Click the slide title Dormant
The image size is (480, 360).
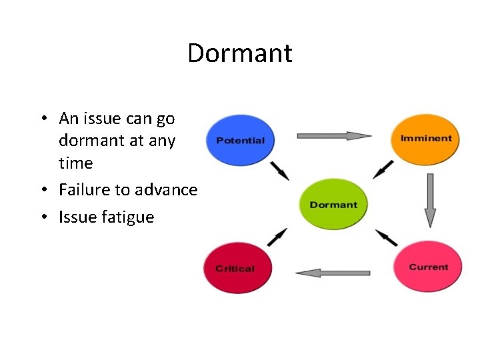[240, 53]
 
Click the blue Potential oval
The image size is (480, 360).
[241, 140]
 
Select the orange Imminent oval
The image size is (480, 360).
[425, 139]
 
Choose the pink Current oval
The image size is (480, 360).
[427, 267]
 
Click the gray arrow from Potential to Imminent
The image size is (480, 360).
[333, 136]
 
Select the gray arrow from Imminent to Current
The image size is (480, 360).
[430, 199]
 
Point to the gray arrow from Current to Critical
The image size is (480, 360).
[332, 273]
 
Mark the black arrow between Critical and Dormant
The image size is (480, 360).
[277, 237]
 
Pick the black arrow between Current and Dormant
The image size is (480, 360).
[387, 237]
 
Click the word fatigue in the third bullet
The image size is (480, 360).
[129, 217]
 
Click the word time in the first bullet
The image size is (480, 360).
[75, 163]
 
